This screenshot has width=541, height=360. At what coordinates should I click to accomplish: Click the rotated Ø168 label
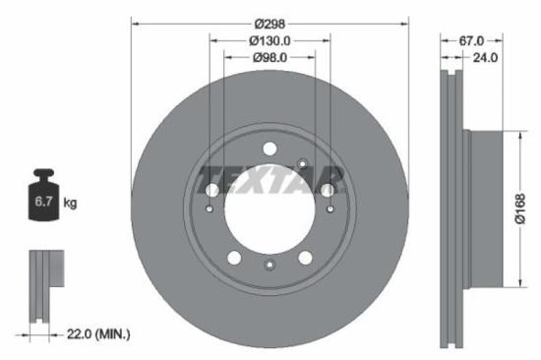tap(520, 208)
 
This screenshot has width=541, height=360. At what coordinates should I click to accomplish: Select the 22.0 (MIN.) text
tap(97, 335)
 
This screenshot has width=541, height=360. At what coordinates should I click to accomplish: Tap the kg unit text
tap(70, 203)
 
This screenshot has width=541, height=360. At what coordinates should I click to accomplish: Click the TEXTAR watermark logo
tap(270, 180)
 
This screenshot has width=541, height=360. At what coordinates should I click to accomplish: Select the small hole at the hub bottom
tap(270, 265)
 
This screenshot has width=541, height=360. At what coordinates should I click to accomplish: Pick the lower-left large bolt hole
tap(235, 258)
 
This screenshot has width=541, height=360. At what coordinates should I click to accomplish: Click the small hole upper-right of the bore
tap(303, 162)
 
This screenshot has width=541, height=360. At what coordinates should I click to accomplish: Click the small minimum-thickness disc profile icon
tap(41, 284)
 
